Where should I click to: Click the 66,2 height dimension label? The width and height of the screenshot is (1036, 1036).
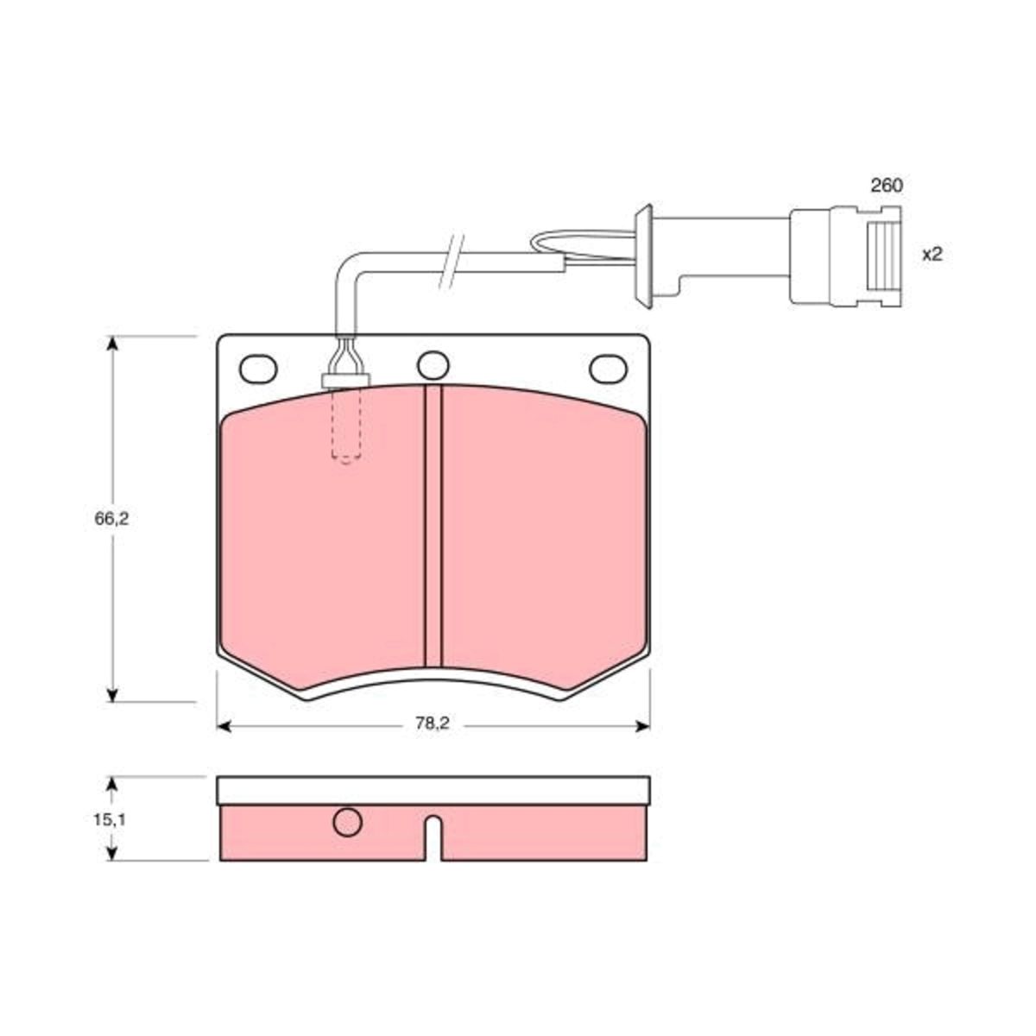[x=112, y=520]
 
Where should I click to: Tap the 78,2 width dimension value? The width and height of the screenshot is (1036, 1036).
[x=432, y=723]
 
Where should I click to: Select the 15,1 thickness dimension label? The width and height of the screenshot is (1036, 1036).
[x=109, y=820]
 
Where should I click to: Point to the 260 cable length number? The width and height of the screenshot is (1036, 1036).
[x=887, y=186]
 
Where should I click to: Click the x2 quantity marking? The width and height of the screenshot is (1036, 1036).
[x=932, y=255]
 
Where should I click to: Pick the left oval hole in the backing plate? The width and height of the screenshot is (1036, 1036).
[x=259, y=370]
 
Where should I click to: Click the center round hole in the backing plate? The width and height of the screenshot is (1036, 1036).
[x=433, y=365]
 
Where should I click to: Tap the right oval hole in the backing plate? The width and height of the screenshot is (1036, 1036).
[x=608, y=370]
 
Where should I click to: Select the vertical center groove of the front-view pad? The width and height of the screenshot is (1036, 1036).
[x=433, y=527]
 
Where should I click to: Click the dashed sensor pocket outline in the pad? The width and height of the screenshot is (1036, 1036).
[x=346, y=425]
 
